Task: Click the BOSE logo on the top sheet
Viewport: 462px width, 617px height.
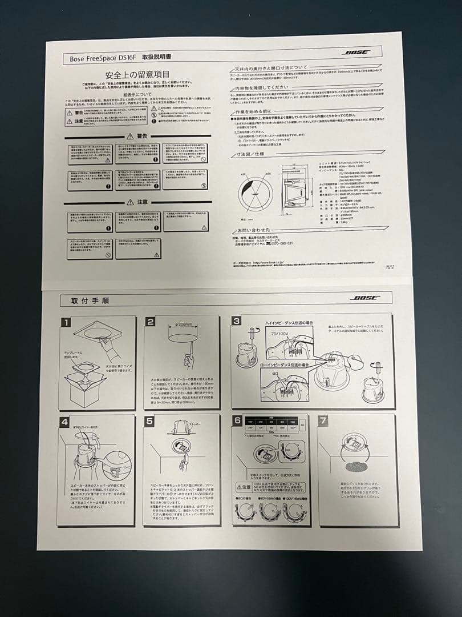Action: pyautogui.click(x=356, y=53)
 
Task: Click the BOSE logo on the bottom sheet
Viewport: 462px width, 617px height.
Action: pyautogui.click(x=362, y=298)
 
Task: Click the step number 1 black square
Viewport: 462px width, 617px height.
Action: pyautogui.click(x=66, y=322)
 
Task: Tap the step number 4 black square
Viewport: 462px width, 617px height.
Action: pyautogui.click(x=66, y=422)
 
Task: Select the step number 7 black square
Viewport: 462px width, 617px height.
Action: pyautogui.click(x=323, y=420)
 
